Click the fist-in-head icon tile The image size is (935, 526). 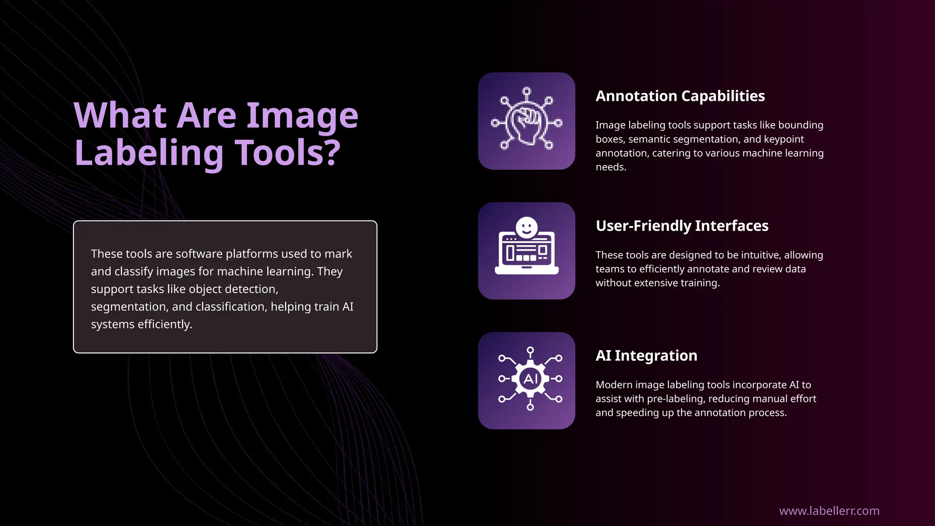[x=526, y=121]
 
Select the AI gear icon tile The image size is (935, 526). [x=526, y=380]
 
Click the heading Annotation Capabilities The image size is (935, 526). [x=680, y=96]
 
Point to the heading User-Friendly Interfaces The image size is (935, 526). [x=682, y=226]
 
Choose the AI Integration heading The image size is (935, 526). [x=646, y=355]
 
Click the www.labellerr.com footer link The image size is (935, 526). [x=829, y=510]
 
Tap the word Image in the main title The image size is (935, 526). [x=302, y=115]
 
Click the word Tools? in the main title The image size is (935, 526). [x=288, y=153]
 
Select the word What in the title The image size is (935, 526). [x=120, y=115]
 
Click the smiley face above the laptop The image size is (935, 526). [x=526, y=227]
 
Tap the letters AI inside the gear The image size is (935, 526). [x=530, y=379]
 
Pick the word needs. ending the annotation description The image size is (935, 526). [x=610, y=167]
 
